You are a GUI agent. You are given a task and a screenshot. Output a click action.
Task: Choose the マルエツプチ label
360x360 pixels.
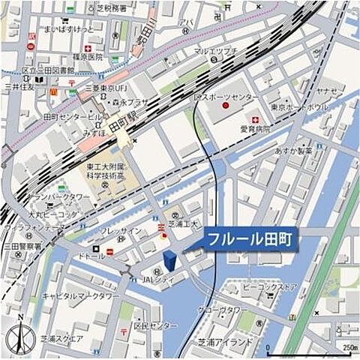click(x=215, y=51)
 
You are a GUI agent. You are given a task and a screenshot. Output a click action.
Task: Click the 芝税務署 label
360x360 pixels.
click(x=113, y=9)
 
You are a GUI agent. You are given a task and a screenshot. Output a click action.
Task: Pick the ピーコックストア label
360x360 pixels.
click(x=270, y=286)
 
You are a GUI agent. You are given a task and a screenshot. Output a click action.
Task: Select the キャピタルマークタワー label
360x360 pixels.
click(x=80, y=296)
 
